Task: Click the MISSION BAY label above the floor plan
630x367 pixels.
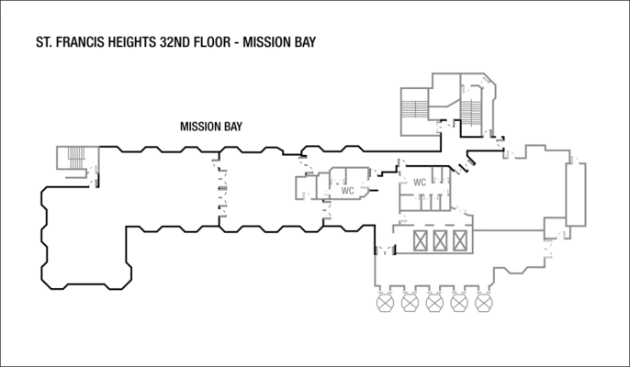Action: coord(211,128)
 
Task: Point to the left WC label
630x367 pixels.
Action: coord(348,192)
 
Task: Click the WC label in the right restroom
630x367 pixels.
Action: coord(420,182)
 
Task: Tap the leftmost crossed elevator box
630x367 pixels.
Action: coord(422,241)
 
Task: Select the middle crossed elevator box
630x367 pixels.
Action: coord(441,241)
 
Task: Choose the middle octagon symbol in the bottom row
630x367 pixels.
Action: coord(434,302)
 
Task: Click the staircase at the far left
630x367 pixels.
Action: coord(69,158)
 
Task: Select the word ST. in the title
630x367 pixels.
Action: coord(41,42)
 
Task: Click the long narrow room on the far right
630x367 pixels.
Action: coord(578,193)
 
